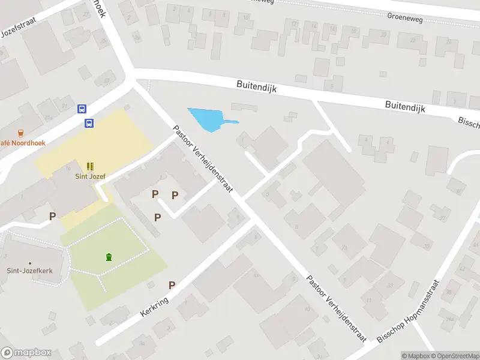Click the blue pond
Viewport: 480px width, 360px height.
(x=207, y=119)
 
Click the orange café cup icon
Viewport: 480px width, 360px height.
(x=21, y=133)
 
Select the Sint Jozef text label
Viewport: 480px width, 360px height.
(x=89, y=176)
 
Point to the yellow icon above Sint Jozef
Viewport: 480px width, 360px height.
(x=89, y=166)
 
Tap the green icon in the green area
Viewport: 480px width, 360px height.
(x=109, y=257)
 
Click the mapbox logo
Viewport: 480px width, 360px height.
(x=26, y=353)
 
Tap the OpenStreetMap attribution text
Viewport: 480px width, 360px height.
(x=456, y=356)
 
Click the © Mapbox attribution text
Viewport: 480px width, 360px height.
(x=416, y=356)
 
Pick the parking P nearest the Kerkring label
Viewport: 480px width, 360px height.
(x=172, y=286)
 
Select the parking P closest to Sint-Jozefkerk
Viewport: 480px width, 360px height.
(x=53, y=216)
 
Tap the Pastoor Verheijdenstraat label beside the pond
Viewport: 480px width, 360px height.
(x=206, y=161)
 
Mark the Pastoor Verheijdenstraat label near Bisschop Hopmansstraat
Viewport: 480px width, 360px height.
(x=335, y=308)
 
